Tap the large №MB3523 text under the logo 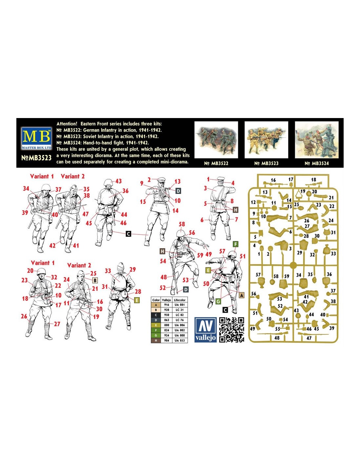36,158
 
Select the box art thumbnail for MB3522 216,140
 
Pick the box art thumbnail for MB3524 317,140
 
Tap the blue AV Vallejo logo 206,329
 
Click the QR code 232,330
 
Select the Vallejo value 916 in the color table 166,305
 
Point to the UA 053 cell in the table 180,340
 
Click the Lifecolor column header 180,300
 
